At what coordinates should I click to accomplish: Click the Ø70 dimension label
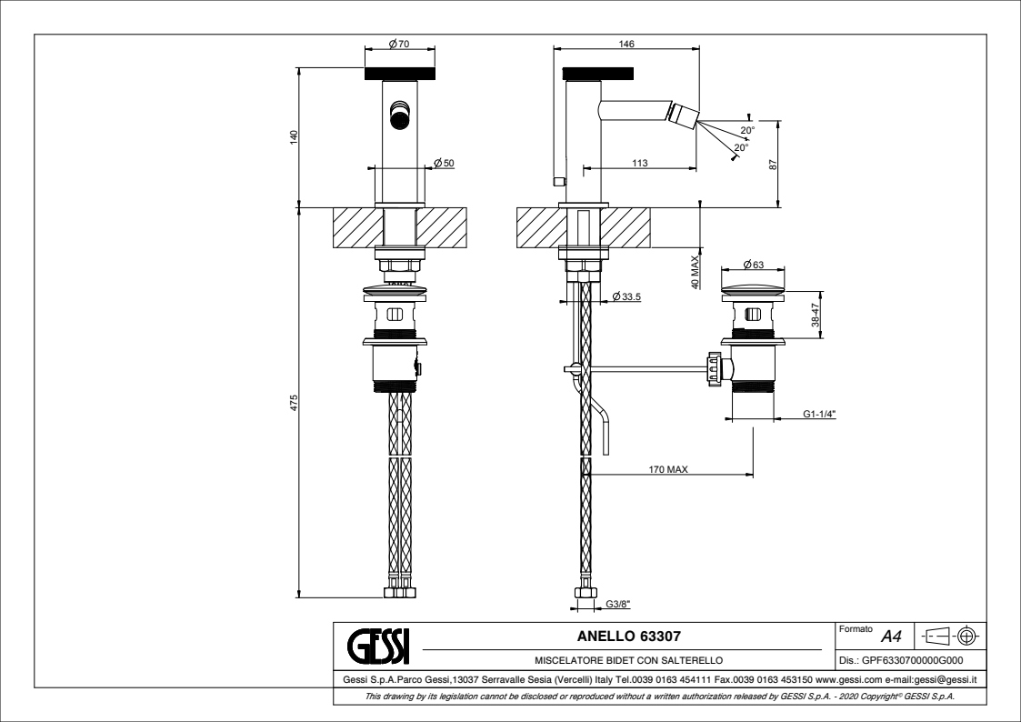397,44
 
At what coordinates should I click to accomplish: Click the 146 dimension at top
626,44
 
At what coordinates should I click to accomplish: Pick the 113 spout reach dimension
638,163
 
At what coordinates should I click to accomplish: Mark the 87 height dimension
774,164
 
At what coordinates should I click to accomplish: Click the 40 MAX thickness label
695,271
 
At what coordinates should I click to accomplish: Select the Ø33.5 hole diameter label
627,297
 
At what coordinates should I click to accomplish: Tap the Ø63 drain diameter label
753,265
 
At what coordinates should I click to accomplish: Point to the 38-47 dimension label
816,316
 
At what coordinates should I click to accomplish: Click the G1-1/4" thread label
819,415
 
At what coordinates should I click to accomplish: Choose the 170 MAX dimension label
667,470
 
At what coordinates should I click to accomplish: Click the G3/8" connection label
618,602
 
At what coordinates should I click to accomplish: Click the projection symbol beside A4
952,635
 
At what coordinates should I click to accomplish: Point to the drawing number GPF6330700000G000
906,663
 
